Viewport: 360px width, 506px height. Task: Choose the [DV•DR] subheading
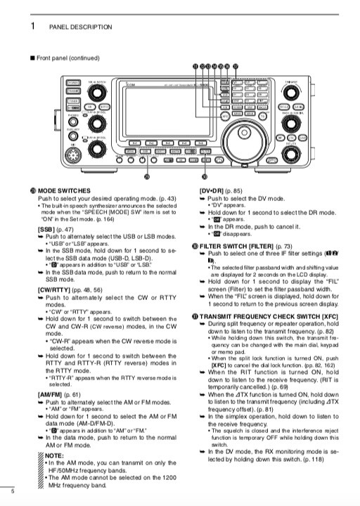(214, 191)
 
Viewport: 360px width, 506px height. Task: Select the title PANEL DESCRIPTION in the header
(80, 27)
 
